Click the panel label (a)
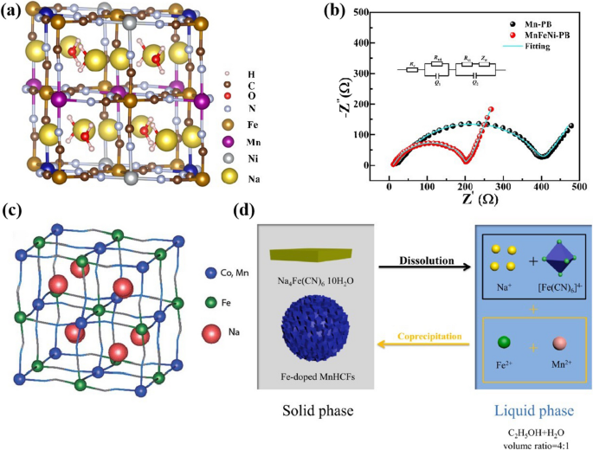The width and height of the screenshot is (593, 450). pos(13,13)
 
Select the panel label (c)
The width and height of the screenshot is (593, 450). pos(13,211)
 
